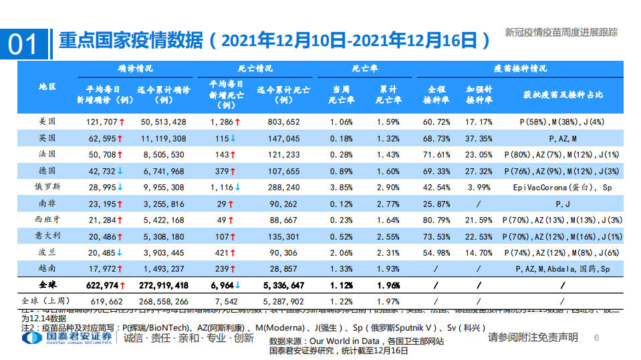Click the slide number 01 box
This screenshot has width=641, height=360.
[25, 43]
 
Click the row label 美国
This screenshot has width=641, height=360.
[47, 122]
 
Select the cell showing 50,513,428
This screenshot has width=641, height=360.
[163, 122]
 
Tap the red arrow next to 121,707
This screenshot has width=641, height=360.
[121, 122]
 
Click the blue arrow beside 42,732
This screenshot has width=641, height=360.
[120, 171]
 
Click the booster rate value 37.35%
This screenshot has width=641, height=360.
[479, 138]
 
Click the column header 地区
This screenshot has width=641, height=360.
[47, 87]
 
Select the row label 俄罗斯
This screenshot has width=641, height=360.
[47, 187]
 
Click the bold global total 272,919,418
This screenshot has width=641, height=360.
[163, 285]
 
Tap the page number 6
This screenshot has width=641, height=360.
[596, 338]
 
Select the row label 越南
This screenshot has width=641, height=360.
[47, 268]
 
